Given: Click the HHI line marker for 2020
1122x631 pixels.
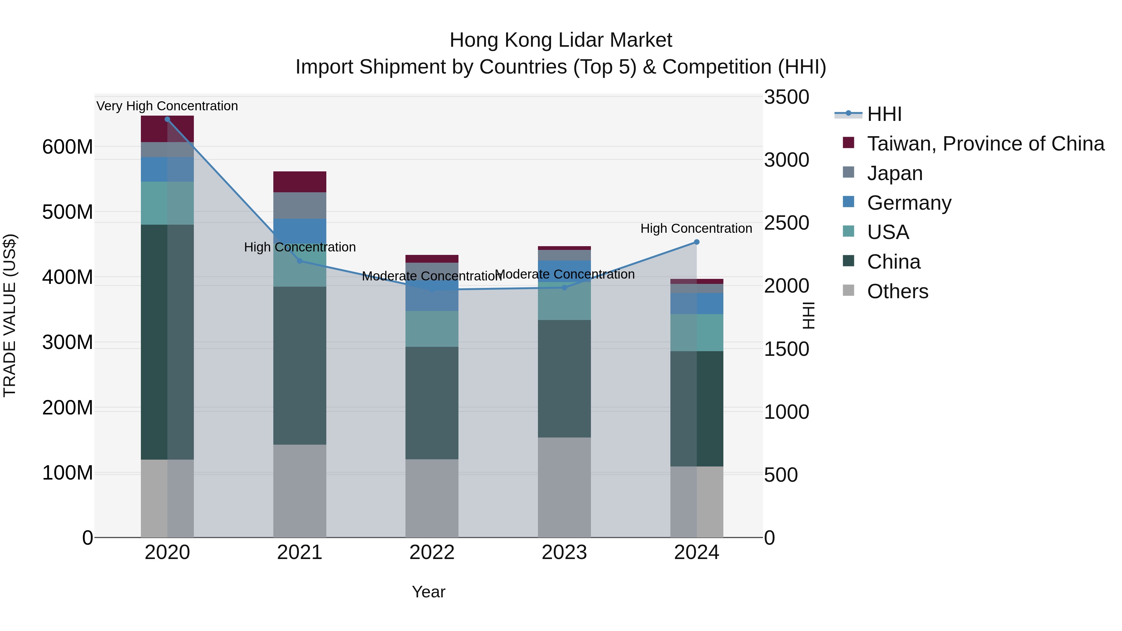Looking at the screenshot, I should point(167,119).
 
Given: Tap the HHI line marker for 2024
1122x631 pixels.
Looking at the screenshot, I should point(697,242).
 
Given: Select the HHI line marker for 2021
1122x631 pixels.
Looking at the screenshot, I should point(299,261).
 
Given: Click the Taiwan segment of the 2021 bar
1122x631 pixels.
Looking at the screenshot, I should point(300,182).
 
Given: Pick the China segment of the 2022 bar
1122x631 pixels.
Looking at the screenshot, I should point(432,403).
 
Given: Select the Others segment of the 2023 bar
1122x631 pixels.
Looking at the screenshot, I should point(564,487).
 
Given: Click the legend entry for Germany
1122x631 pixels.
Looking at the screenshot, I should point(909,203).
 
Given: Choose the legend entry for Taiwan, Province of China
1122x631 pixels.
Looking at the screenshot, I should point(985,144).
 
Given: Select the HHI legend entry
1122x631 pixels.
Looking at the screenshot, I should point(884,114).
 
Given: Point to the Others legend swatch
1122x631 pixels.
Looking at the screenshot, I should point(848,290).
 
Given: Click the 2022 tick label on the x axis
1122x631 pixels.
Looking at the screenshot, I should point(432,552).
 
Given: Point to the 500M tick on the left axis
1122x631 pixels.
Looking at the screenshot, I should point(68,212).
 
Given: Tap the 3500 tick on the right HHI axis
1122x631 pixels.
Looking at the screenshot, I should point(786,97).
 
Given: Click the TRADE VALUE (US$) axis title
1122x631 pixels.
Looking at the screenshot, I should point(10,315).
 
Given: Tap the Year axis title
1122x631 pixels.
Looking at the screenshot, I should point(428,592).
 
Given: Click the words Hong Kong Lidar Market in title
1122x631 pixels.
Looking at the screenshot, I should point(561,40).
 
